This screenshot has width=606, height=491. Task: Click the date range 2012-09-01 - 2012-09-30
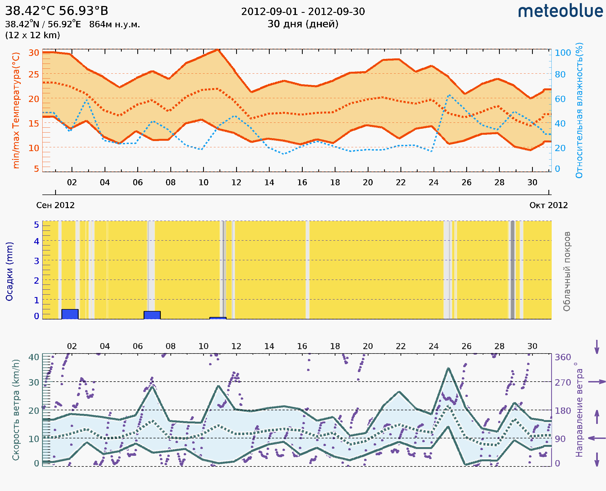(x=303, y=12)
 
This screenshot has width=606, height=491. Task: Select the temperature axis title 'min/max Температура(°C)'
(x=16, y=110)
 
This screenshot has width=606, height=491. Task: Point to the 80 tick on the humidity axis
(x=560, y=74)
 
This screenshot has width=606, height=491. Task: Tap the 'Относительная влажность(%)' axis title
(x=579, y=110)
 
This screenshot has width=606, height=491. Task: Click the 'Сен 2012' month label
(x=55, y=205)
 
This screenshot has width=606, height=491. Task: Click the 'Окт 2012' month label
(x=549, y=205)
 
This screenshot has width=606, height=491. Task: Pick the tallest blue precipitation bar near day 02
(x=70, y=314)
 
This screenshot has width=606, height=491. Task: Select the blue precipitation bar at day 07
(x=152, y=315)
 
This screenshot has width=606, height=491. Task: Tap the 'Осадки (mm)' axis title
(x=9, y=271)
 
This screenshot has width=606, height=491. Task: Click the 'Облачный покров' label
(x=567, y=271)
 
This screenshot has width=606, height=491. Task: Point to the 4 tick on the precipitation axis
(x=37, y=241)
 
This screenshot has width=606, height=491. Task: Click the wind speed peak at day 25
(x=448, y=368)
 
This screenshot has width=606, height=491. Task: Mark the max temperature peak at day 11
(x=217, y=50)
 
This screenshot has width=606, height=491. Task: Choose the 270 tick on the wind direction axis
(x=563, y=382)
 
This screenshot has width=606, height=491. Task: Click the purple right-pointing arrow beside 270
(x=597, y=382)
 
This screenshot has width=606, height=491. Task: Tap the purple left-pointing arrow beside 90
(x=597, y=438)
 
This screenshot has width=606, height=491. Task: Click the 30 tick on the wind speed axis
(x=34, y=382)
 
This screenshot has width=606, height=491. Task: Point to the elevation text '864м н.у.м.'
(x=114, y=25)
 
